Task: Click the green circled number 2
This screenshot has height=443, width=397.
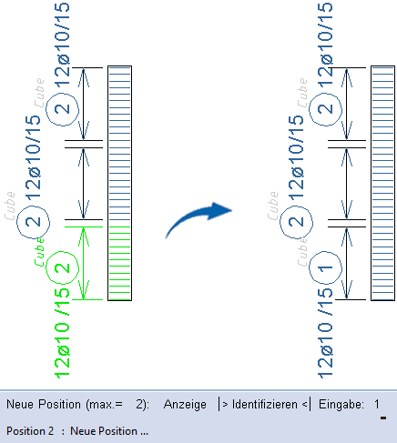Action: point(62,268)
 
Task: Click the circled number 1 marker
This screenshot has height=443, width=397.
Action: point(325,268)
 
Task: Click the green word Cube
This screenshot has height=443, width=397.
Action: point(39,252)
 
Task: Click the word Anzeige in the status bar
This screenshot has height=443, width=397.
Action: point(185,405)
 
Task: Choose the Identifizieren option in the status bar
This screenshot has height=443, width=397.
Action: point(264,405)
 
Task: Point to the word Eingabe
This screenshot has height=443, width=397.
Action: point(341,405)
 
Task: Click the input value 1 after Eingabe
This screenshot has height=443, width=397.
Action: point(377,405)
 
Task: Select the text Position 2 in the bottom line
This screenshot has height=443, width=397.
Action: point(30,431)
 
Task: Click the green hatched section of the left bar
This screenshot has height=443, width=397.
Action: point(120,263)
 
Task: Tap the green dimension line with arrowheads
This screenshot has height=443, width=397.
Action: point(84,263)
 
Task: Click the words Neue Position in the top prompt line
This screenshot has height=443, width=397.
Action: point(44,405)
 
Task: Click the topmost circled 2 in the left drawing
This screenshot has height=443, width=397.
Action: point(62,109)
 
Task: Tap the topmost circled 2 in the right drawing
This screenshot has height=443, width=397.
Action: point(325,109)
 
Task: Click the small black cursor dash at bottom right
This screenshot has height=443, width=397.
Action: point(383,418)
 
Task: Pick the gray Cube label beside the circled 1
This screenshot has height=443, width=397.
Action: point(302,252)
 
